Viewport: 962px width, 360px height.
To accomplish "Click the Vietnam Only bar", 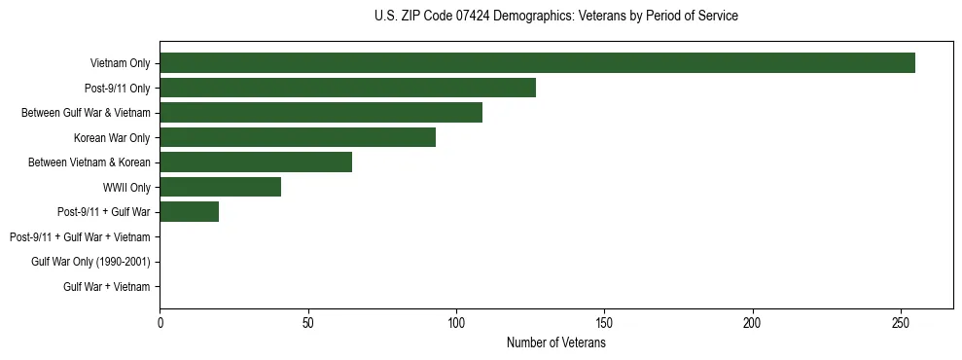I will click(x=537, y=63).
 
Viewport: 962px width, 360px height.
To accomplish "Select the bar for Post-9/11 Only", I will click(x=347, y=88).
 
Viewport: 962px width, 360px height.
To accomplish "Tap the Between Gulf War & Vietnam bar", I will click(x=321, y=113).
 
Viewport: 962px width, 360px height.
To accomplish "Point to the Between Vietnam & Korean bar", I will click(x=256, y=162).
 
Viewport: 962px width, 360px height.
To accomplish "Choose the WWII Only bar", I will click(x=220, y=187).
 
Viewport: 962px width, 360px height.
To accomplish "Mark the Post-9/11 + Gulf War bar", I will click(x=189, y=212).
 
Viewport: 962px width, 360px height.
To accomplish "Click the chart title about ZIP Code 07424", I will click(x=555, y=17).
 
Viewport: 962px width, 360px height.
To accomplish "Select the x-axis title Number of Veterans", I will click(x=555, y=342).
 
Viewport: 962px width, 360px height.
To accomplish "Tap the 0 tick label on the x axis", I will click(x=160, y=322).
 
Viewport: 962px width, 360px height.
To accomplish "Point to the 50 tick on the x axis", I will click(x=308, y=322).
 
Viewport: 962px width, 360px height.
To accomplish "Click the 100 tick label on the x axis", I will click(x=456, y=322).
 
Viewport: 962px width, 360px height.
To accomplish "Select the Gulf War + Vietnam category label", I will click(x=107, y=287).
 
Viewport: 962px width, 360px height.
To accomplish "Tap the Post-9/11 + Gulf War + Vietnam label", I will click(x=80, y=237).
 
